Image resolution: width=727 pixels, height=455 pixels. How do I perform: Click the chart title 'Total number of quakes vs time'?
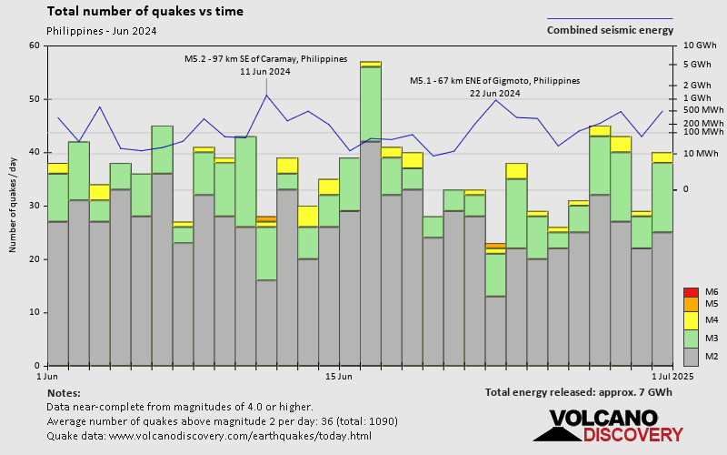[x=144, y=12]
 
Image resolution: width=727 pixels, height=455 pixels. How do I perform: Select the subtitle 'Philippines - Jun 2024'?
[x=101, y=31]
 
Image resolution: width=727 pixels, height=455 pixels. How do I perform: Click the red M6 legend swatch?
[x=690, y=292]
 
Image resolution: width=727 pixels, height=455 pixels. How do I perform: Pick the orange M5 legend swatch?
[x=690, y=303]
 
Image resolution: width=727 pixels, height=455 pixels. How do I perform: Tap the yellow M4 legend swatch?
[x=690, y=320]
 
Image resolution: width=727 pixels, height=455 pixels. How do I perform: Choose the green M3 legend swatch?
[x=690, y=338]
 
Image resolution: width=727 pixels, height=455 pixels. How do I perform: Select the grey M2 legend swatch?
[x=690, y=356]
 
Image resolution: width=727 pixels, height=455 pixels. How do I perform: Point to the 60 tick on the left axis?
[x=35, y=45]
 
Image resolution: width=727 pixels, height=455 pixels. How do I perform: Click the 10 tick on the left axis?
[x=35, y=312]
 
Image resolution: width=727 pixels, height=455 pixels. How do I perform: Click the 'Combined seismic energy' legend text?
[x=610, y=30]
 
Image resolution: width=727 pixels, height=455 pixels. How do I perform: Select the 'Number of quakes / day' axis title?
[x=13, y=205]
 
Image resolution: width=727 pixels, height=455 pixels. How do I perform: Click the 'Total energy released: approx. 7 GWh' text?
[x=579, y=392]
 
